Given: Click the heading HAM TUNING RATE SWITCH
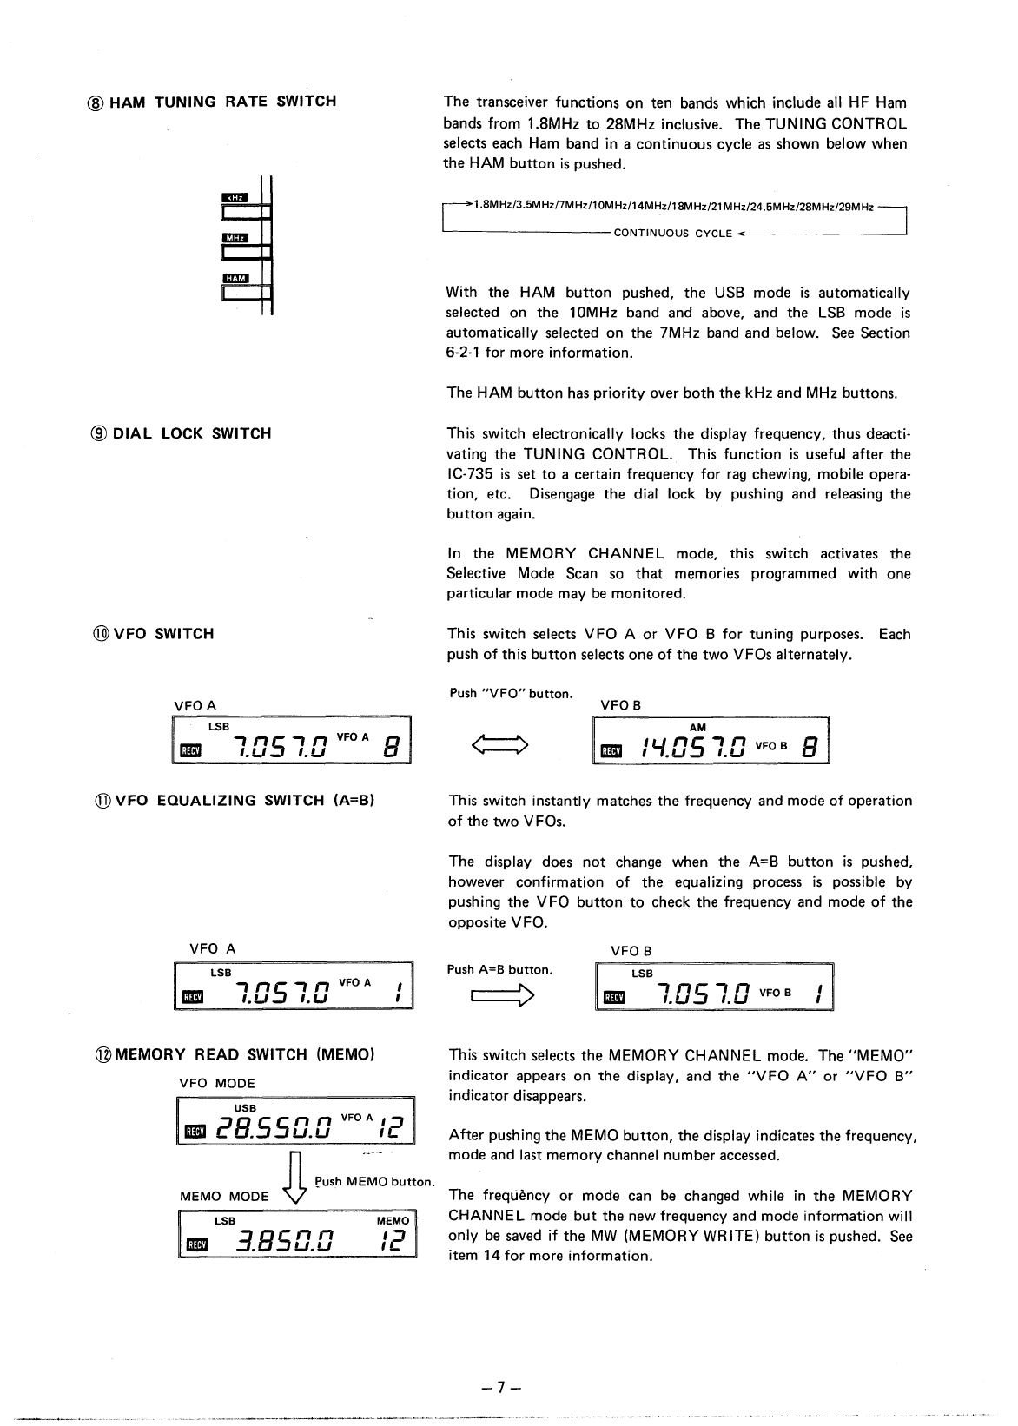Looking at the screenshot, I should tap(217, 102).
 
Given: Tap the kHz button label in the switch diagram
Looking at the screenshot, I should tap(235, 197).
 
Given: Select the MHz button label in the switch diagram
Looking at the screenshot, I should tap(235, 238).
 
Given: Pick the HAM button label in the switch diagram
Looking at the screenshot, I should tap(235, 278).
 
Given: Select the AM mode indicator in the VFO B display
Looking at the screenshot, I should tap(697, 728).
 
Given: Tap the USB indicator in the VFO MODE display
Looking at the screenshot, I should tap(245, 1108).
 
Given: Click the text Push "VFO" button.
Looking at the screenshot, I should tap(511, 693).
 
